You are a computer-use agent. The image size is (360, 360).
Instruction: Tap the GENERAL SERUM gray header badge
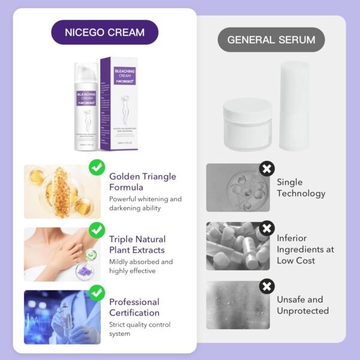tap(271, 40)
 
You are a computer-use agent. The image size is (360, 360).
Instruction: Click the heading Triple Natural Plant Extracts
tap(137, 244)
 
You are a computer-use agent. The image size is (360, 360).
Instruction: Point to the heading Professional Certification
tap(134, 307)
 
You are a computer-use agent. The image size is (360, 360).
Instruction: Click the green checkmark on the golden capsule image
tap(96, 167)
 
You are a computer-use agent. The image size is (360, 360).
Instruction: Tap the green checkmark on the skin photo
tap(96, 230)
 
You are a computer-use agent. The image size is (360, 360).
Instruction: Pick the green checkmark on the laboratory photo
tap(96, 293)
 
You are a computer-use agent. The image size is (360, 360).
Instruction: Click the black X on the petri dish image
tap(266, 169)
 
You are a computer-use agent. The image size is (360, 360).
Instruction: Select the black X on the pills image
tap(266, 228)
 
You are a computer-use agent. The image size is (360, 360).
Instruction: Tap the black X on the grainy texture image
tap(266, 286)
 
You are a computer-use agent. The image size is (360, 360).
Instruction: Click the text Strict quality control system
tap(140, 329)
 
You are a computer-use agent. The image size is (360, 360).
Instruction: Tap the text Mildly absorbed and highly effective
tap(141, 266)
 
